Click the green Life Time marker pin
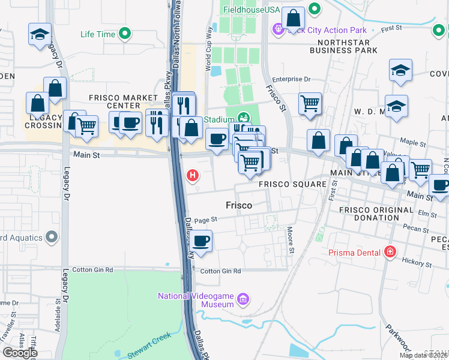coord(125,34)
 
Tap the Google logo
coord(20,353)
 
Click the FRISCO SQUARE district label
coord(292,184)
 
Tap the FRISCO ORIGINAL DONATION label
coord(376,214)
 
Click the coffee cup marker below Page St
coord(202,241)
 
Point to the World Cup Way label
coord(209,45)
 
